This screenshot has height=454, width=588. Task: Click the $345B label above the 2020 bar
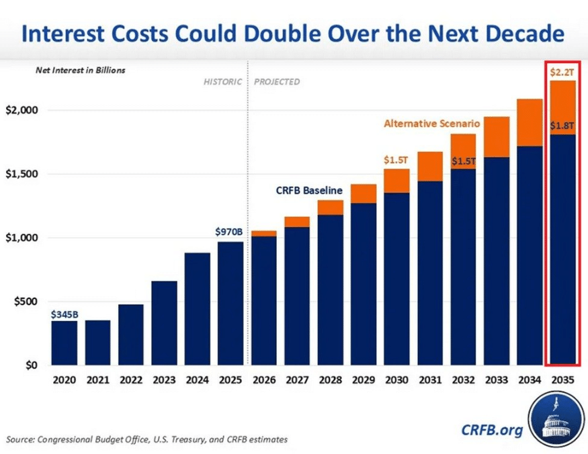[64, 314]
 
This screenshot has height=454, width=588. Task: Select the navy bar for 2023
[164, 323]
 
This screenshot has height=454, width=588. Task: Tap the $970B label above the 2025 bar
[229, 232]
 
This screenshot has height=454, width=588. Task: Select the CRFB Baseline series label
[309, 190]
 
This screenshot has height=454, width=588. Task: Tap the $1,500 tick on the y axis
[22, 174]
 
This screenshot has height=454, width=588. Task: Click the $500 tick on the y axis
[25, 302]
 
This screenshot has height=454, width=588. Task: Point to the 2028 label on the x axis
[330, 379]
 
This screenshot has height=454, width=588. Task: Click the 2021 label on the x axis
[97, 379]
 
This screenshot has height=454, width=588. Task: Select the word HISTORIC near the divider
[222, 82]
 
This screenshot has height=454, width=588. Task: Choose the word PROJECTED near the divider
[277, 82]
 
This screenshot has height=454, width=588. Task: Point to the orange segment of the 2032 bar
[464, 151]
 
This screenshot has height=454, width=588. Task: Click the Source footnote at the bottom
[147, 439]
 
